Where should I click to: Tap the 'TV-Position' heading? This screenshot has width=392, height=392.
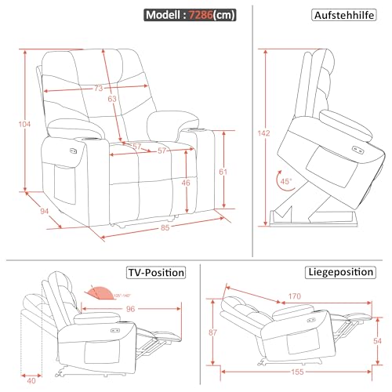pyautogui.click(x=156, y=273)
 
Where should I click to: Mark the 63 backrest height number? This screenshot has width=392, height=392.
pyautogui.click(x=113, y=100)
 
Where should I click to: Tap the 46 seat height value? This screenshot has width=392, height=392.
pyautogui.click(x=185, y=182)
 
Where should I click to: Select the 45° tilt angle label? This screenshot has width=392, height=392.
pyautogui.click(x=287, y=181)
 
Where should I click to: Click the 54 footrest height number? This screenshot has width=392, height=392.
pyautogui.click(x=376, y=342)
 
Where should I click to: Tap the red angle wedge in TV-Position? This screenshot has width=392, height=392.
pyautogui.click(x=97, y=293)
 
